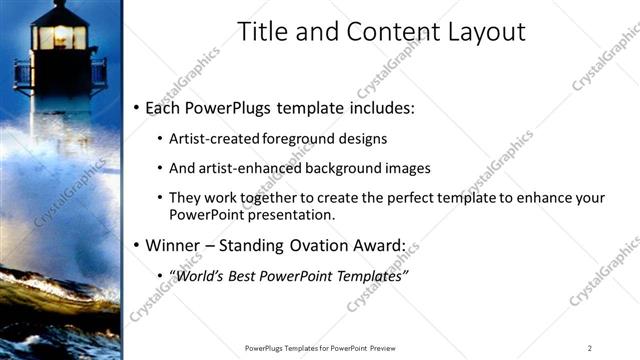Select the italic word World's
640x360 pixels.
[x=206, y=275]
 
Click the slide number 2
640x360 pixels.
[x=590, y=347]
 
